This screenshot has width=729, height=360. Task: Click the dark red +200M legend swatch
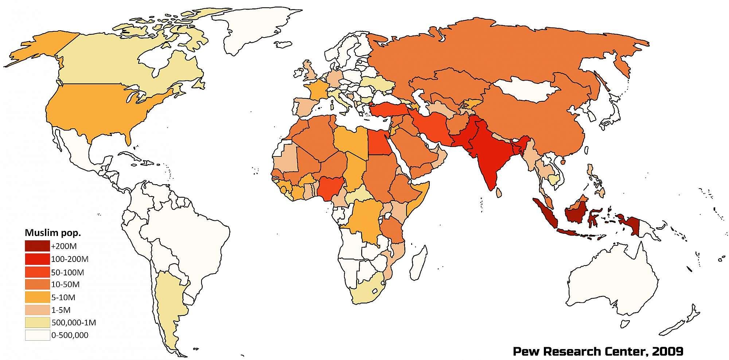[37, 246]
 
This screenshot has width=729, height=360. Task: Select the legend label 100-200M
[70, 259]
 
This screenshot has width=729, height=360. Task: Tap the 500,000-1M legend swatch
[37, 322]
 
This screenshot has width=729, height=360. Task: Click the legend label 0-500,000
[70, 335]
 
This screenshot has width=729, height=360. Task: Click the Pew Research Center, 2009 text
[598, 351]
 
